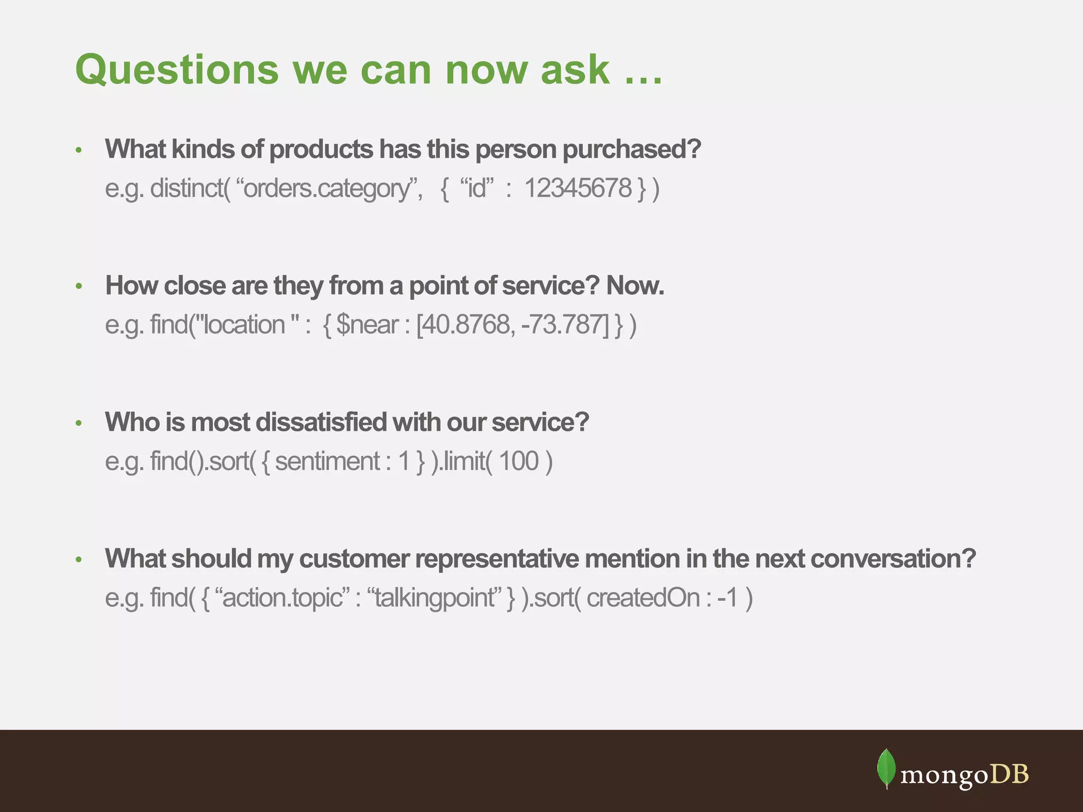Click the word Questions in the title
tap(177, 70)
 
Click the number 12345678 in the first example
tap(578, 188)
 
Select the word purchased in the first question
tap(631, 150)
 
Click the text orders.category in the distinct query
tap(326, 189)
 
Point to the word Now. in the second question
tap(635, 285)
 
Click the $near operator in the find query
tap(367, 325)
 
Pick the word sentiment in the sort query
tap(327, 461)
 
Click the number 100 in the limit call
tap(518, 461)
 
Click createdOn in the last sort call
tap(643, 598)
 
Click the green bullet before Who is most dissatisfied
tap(79, 423)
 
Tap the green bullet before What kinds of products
tap(79, 150)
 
